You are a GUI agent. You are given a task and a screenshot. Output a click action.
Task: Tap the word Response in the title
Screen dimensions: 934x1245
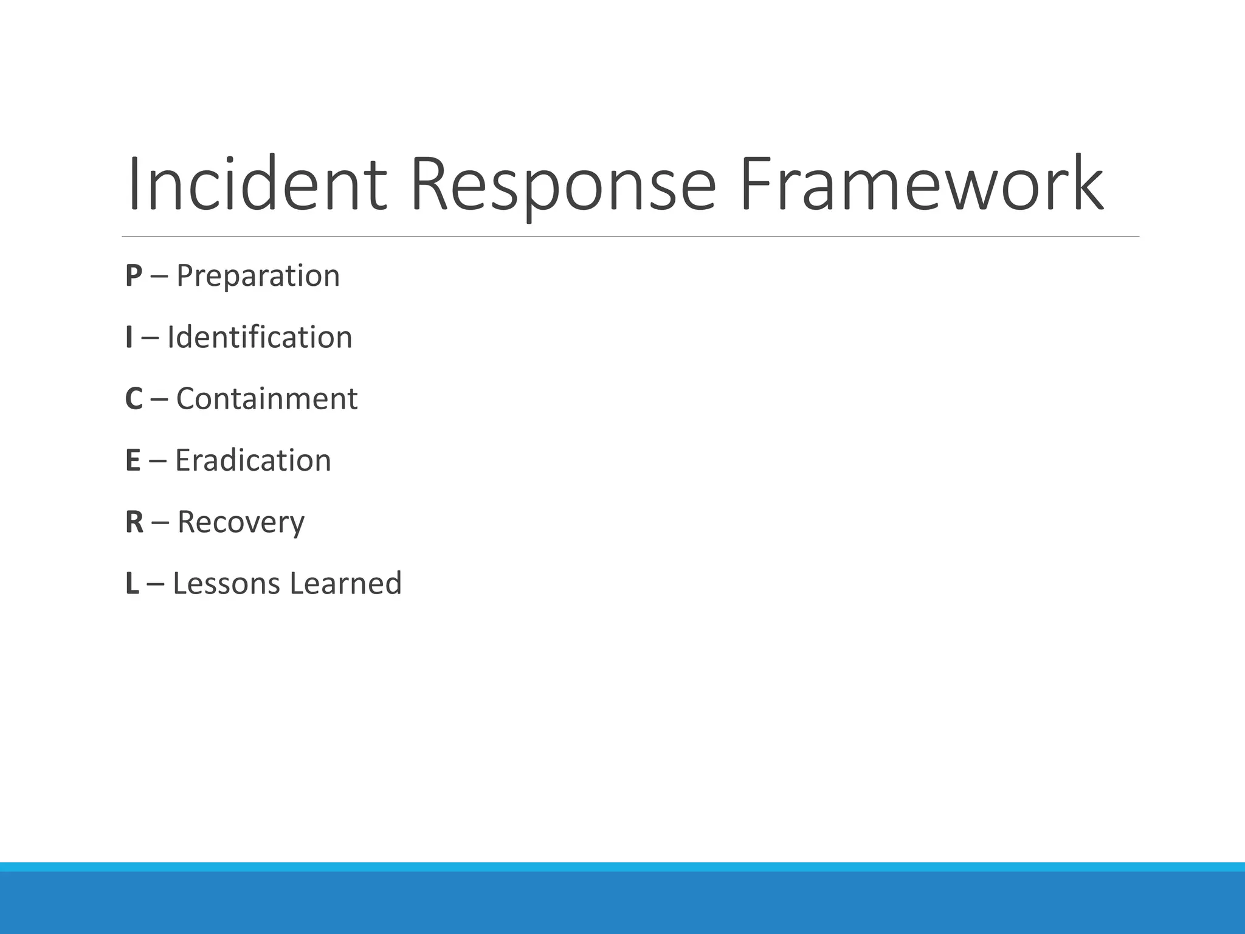tap(563, 184)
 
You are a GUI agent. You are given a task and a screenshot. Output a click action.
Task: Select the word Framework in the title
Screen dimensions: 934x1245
tap(922, 184)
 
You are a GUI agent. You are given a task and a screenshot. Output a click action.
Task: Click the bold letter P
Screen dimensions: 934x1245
tap(134, 276)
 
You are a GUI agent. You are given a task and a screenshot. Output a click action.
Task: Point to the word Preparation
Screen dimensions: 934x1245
tap(258, 276)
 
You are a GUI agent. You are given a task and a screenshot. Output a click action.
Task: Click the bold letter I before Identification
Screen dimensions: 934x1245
tap(129, 337)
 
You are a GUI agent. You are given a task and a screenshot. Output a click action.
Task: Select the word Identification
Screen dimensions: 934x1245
tap(260, 337)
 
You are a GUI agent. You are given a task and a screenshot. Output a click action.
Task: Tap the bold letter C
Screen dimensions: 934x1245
tap(134, 400)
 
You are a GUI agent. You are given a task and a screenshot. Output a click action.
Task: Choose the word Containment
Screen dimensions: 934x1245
tap(267, 400)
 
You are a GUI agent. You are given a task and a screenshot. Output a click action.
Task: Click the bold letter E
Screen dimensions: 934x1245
tap(133, 460)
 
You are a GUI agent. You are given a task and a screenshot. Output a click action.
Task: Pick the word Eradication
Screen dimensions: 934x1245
tap(253, 460)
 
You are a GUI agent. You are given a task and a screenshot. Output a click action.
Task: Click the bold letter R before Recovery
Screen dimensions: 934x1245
tap(134, 522)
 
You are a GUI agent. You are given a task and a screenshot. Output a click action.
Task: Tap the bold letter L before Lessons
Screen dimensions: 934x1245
tap(132, 584)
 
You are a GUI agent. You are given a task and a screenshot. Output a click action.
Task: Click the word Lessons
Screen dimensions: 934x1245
tap(226, 584)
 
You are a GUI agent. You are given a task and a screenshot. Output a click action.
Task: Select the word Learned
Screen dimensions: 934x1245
tap(345, 584)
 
